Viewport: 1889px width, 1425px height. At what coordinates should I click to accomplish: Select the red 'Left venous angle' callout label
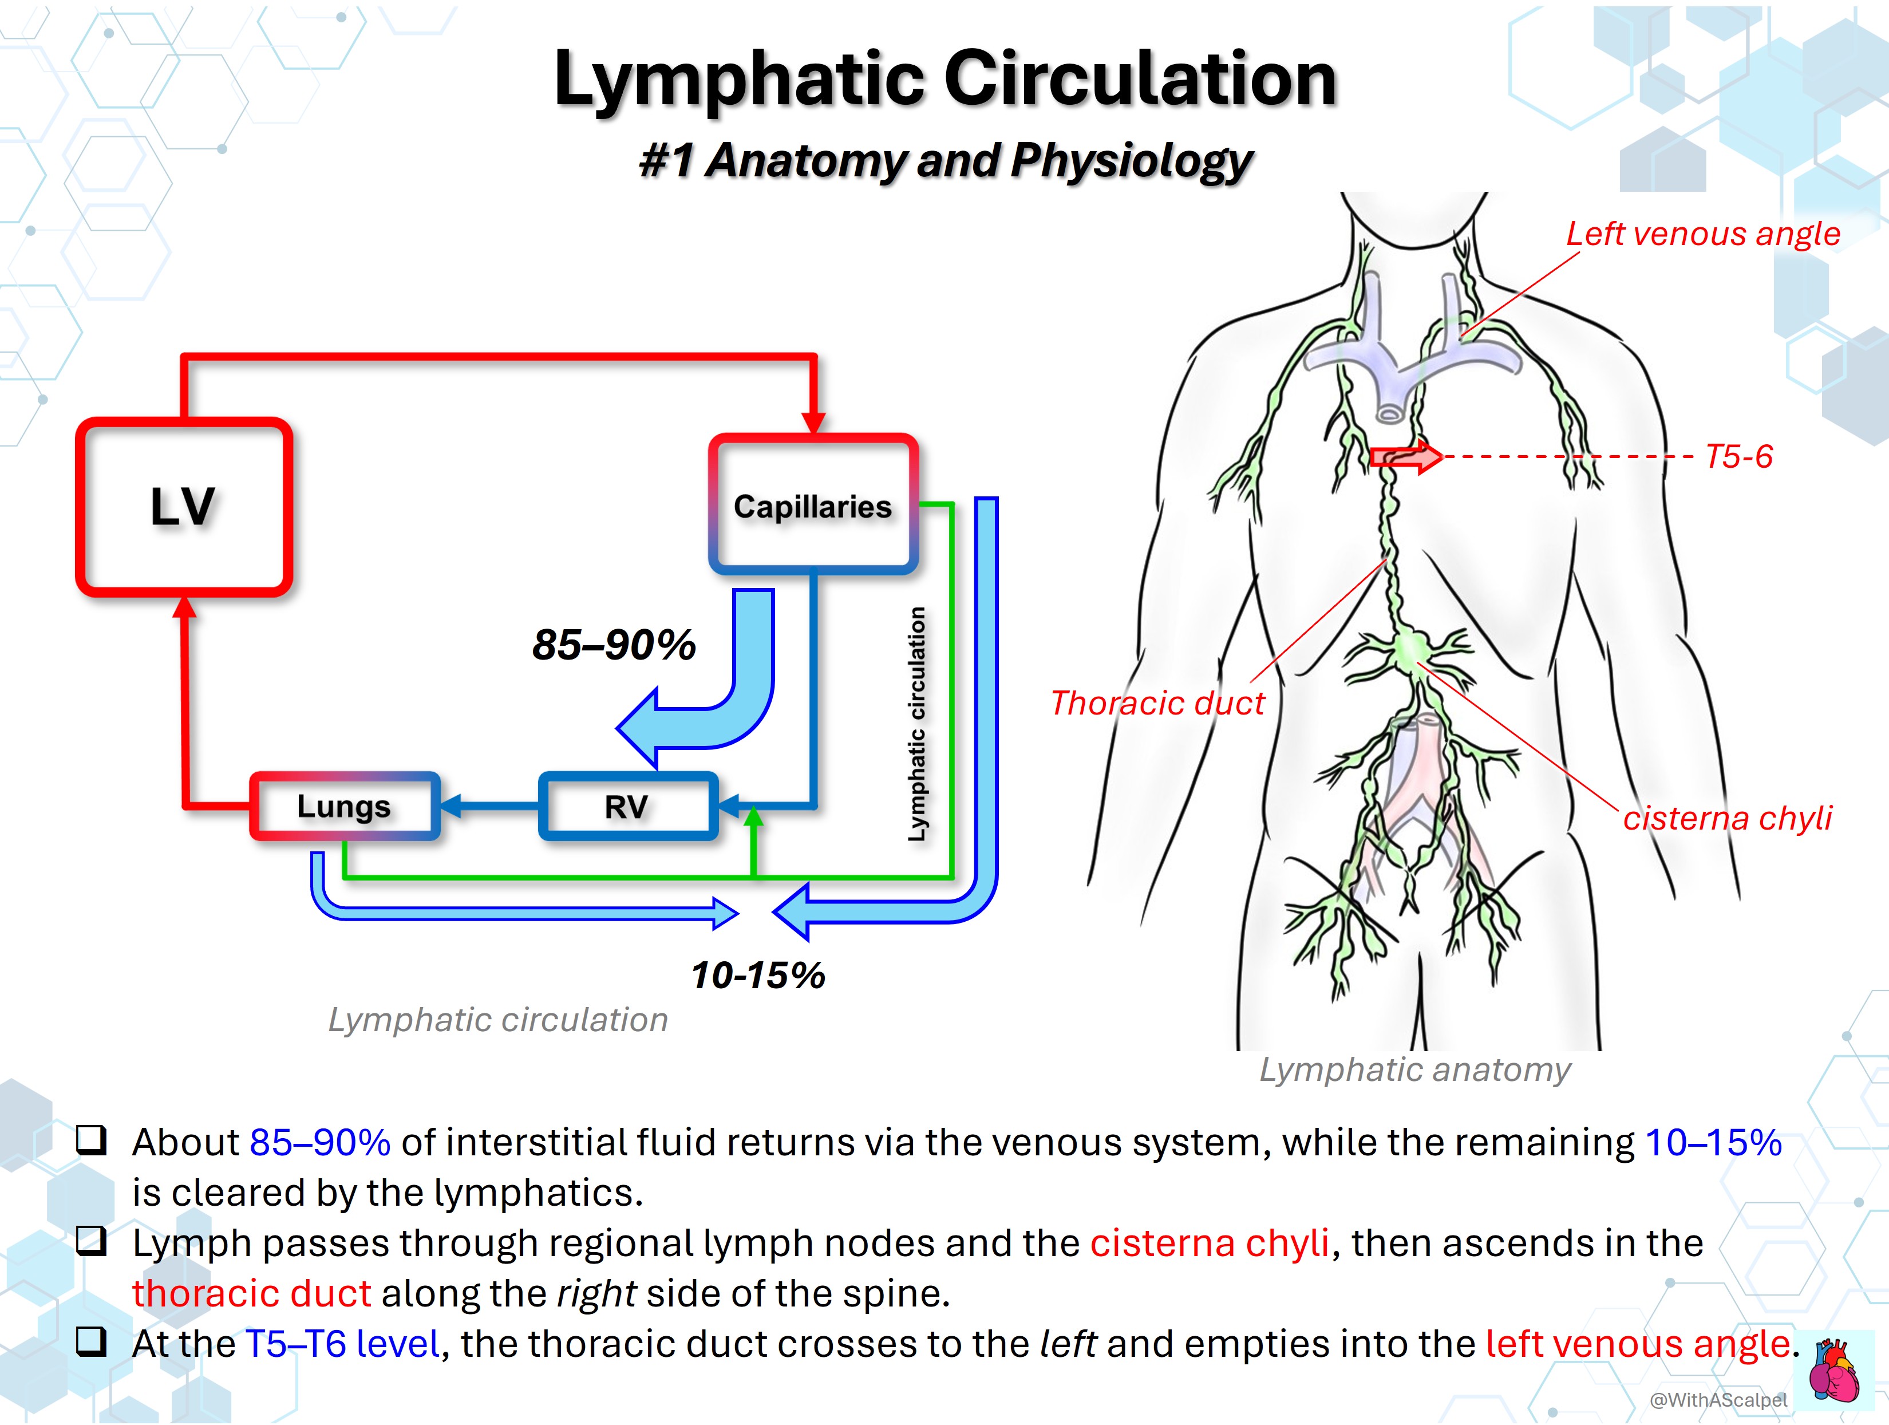click(x=1703, y=233)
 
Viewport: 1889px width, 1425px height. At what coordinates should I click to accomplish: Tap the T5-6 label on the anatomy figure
click(x=1738, y=456)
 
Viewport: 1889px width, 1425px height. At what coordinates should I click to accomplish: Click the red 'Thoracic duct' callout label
click(x=1157, y=703)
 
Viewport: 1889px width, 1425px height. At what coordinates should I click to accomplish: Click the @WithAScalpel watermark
click(x=1718, y=1399)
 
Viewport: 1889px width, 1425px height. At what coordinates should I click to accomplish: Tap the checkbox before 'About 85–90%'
click(x=92, y=1140)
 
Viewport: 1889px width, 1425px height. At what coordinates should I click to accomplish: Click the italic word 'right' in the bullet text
click(x=596, y=1293)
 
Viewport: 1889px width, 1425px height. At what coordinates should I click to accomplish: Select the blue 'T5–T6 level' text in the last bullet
click(x=342, y=1344)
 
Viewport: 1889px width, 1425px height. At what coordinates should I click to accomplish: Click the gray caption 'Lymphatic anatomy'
click(x=1414, y=1069)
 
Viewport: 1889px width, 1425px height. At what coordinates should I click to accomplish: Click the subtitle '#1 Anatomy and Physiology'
click(x=945, y=161)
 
